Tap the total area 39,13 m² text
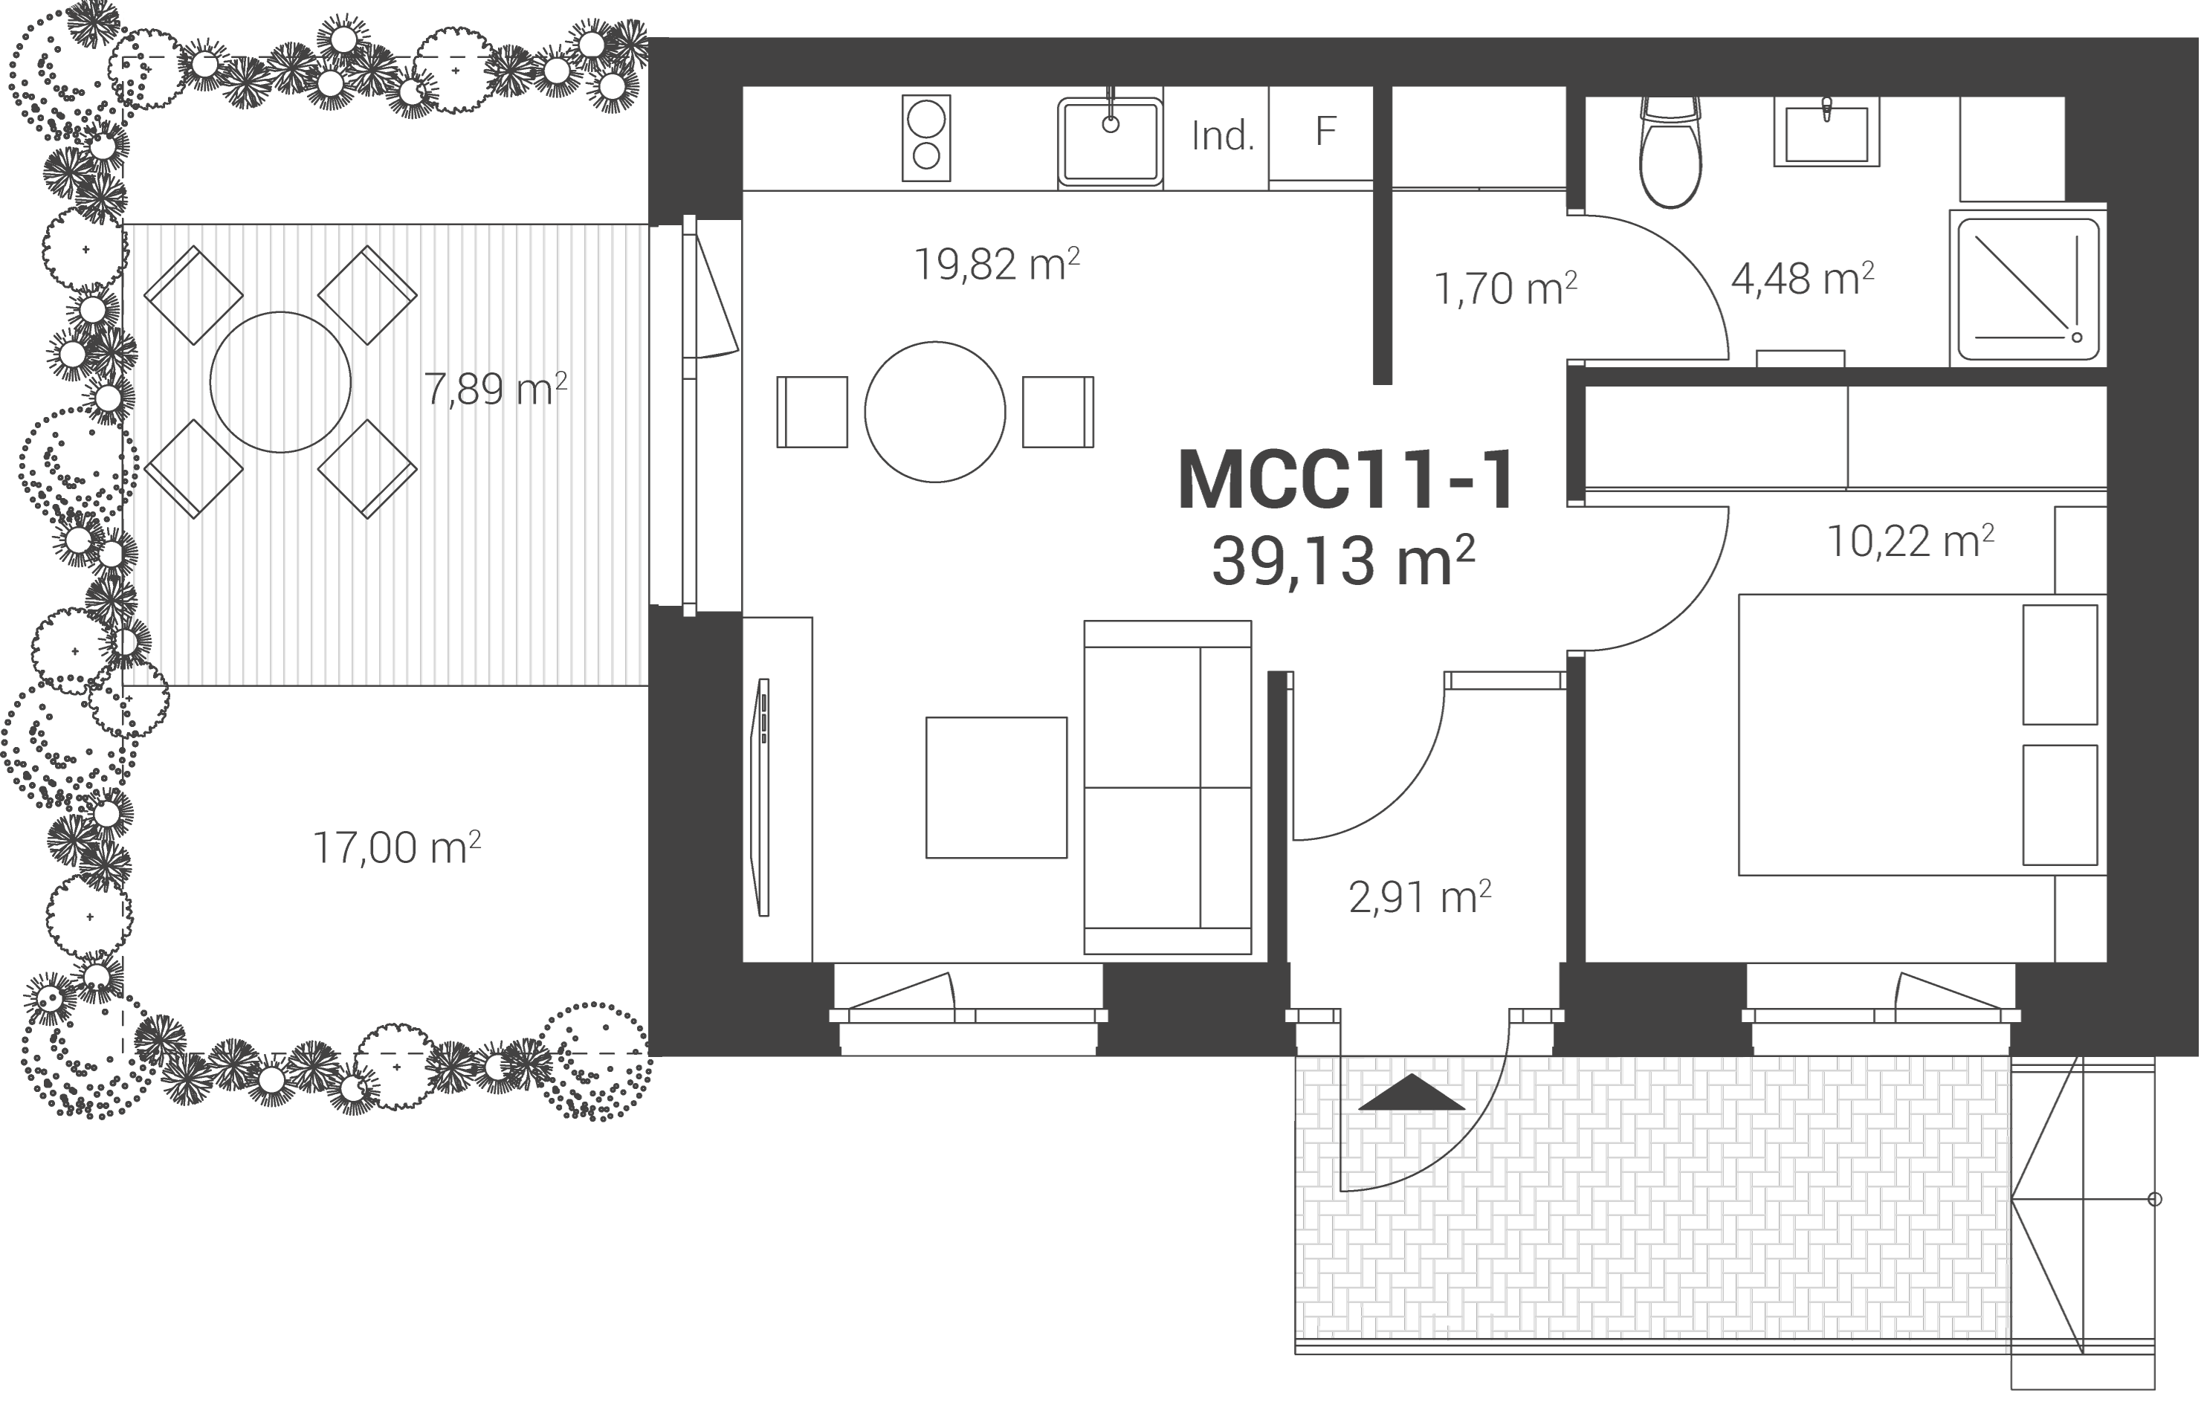coord(1343,561)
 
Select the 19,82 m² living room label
coord(997,264)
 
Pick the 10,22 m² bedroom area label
coord(1910,540)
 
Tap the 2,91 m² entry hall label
coord(1420,896)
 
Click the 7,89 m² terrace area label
coord(495,389)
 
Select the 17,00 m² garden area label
coord(397,847)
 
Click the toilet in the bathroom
coord(1670,152)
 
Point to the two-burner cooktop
coord(926,138)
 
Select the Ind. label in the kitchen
coord(1222,137)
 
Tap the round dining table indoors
coord(934,412)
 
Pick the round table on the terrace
coord(281,382)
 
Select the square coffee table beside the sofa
coord(997,788)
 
